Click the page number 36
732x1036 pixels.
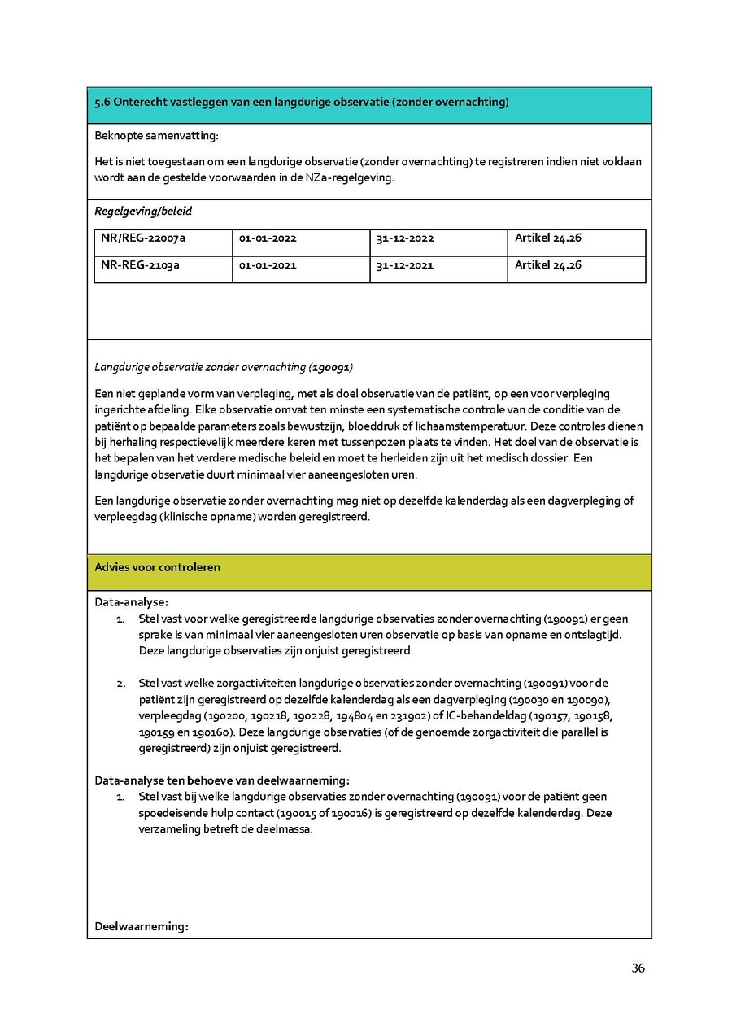click(x=638, y=968)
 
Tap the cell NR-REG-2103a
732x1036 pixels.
click(x=141, y=265)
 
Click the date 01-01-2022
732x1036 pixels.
click(x=268, y=238)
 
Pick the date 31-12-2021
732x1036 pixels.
click(x=405, y=265)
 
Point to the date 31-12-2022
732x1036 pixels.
click(x=405, y=238)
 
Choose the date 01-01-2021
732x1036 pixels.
click(x=268, y=265)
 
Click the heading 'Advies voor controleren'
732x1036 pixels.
click(x=157, y=567)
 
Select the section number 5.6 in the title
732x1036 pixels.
click(x=102, y=103)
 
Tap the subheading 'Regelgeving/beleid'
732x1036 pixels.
click(x=143, y=212)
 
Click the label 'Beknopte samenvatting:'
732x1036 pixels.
click(x=156, y=135)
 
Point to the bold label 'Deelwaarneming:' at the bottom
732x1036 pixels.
click(x=142, y=926)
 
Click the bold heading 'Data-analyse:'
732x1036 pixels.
click(x=131, y=602)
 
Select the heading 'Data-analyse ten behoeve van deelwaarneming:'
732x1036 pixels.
click(x=222, y=780)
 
